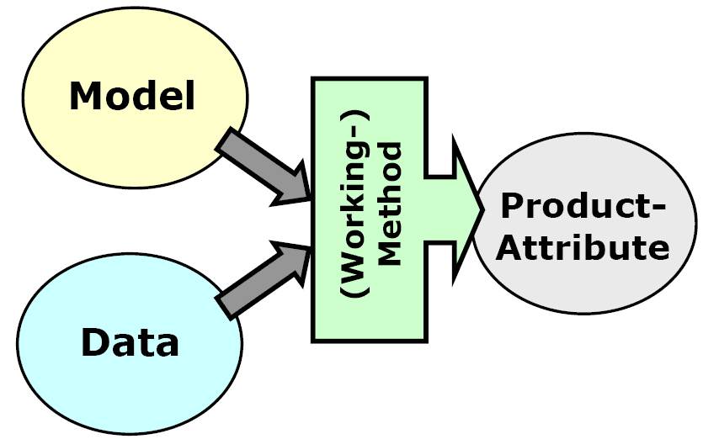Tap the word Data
click(130, 342)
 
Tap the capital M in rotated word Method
click(389, 255)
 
